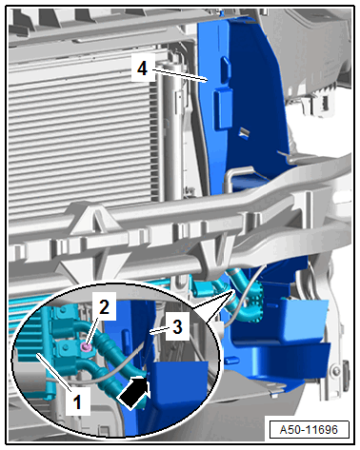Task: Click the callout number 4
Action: click(142, 68)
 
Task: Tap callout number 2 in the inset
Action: click(104, 307)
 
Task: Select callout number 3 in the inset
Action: click(178, 326)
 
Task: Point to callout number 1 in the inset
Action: click(77, 402)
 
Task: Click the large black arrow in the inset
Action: click(134, 392)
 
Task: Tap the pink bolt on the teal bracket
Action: click(86, 348)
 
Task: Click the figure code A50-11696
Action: click(309, 429)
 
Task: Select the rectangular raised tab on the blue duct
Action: click(223, 109)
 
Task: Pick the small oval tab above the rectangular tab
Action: click(226, 69)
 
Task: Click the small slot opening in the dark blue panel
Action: click(245, 133)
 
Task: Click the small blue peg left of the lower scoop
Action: click(231, 360)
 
